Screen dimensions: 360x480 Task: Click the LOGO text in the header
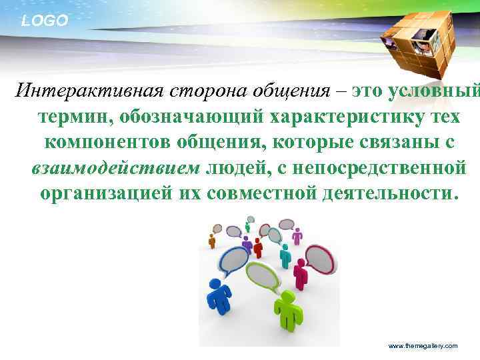pyautogui.click(x=45, y=21)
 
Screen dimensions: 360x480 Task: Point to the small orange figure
pyautogui.click(x=212, y=240)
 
